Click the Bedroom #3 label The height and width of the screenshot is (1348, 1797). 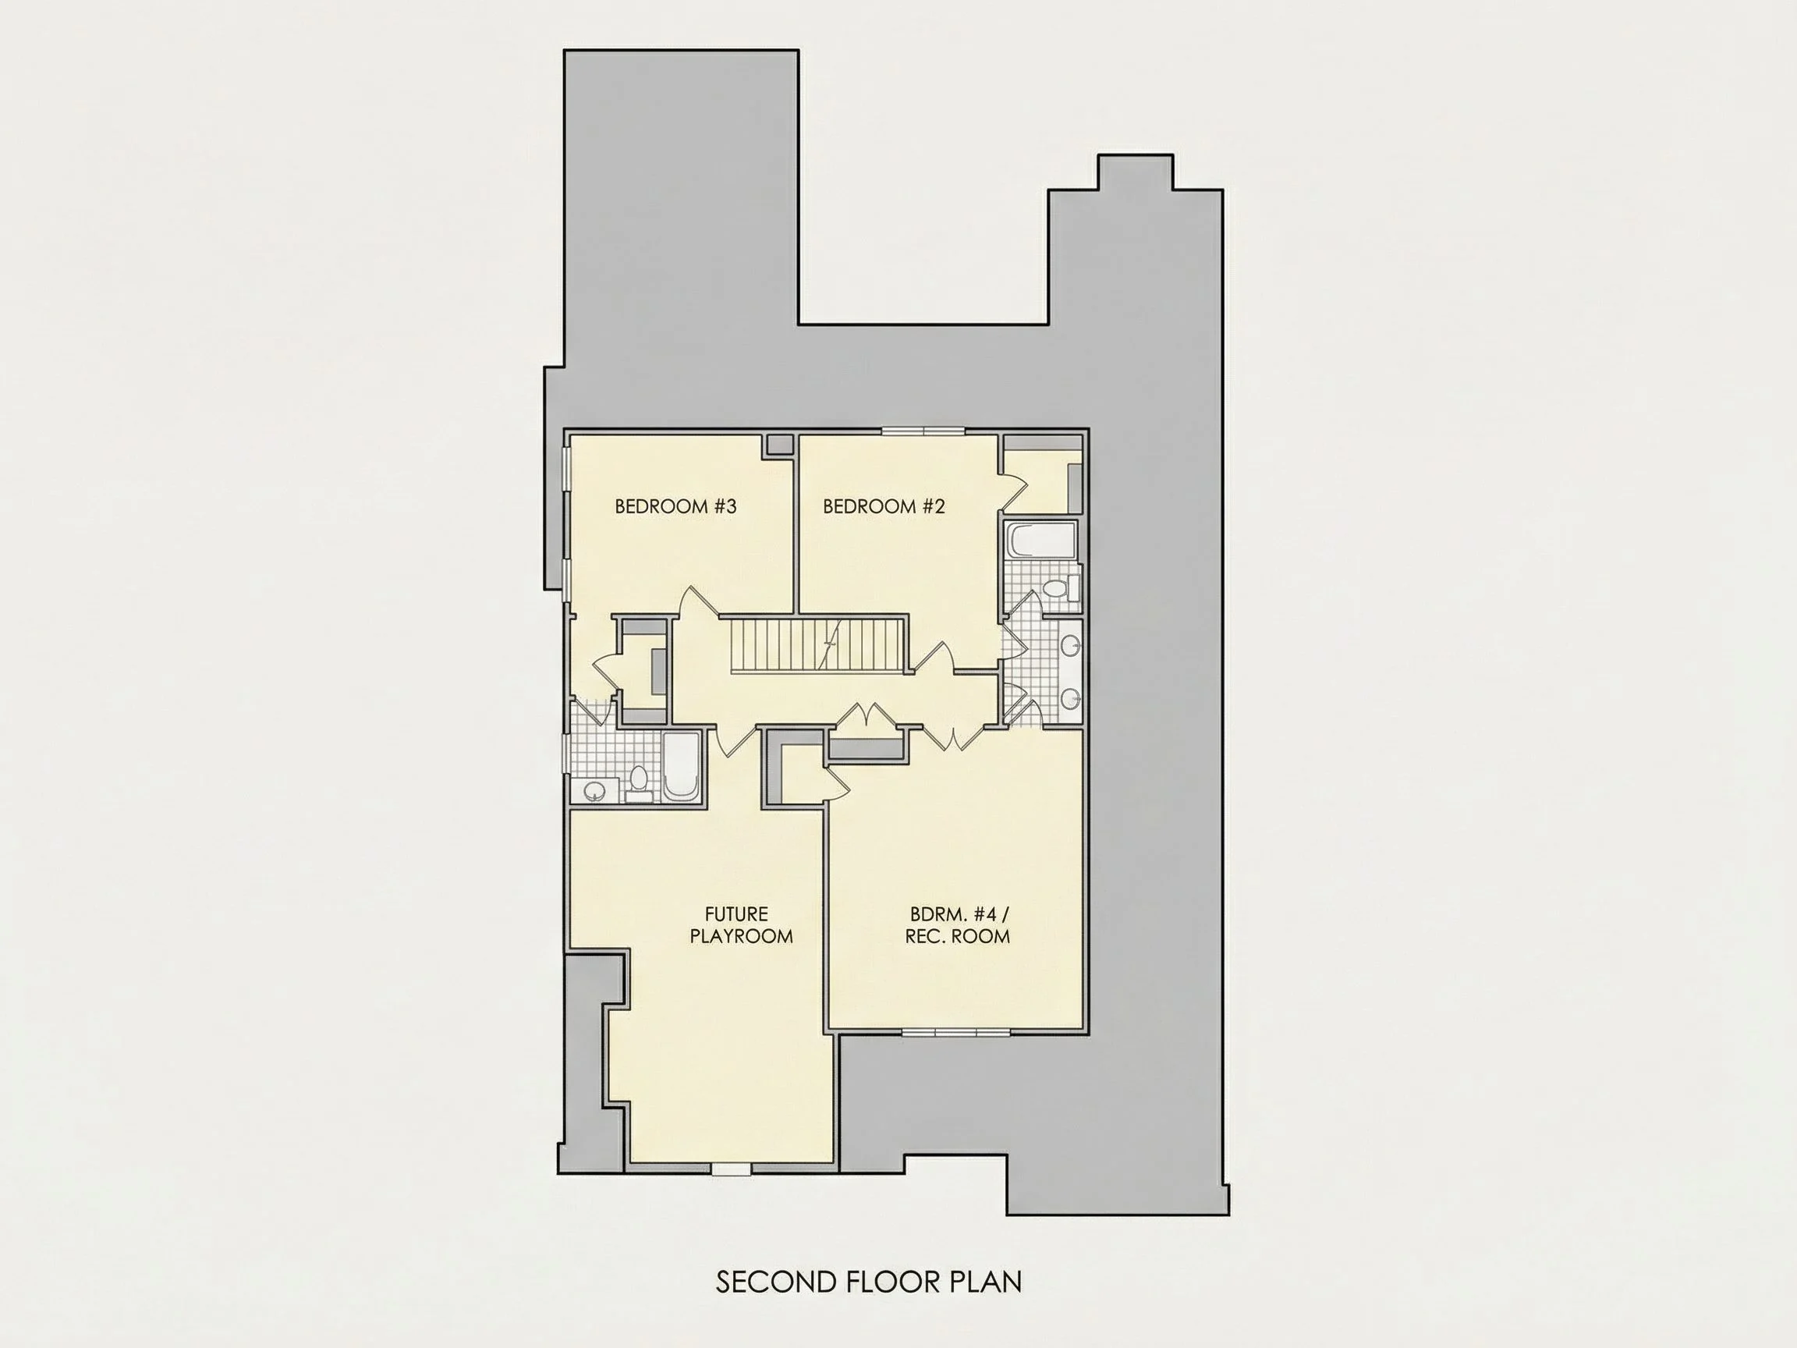coord(675,507)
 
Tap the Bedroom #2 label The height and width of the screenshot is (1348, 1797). coord(884,507)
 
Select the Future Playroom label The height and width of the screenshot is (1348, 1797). coord(741,925)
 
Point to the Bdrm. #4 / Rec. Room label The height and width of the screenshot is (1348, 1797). coord(957,924)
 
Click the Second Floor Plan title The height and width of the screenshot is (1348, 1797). coord(868,1282)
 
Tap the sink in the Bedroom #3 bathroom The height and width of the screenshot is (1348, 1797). coord(594,790)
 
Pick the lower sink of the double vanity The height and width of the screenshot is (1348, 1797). coord(1070,697)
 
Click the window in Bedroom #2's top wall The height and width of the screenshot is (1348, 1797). coord(924,431)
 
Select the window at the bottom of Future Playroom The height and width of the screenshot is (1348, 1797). coord(731,1169)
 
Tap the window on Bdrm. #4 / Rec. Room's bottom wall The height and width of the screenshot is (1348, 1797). coord(956,1033)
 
